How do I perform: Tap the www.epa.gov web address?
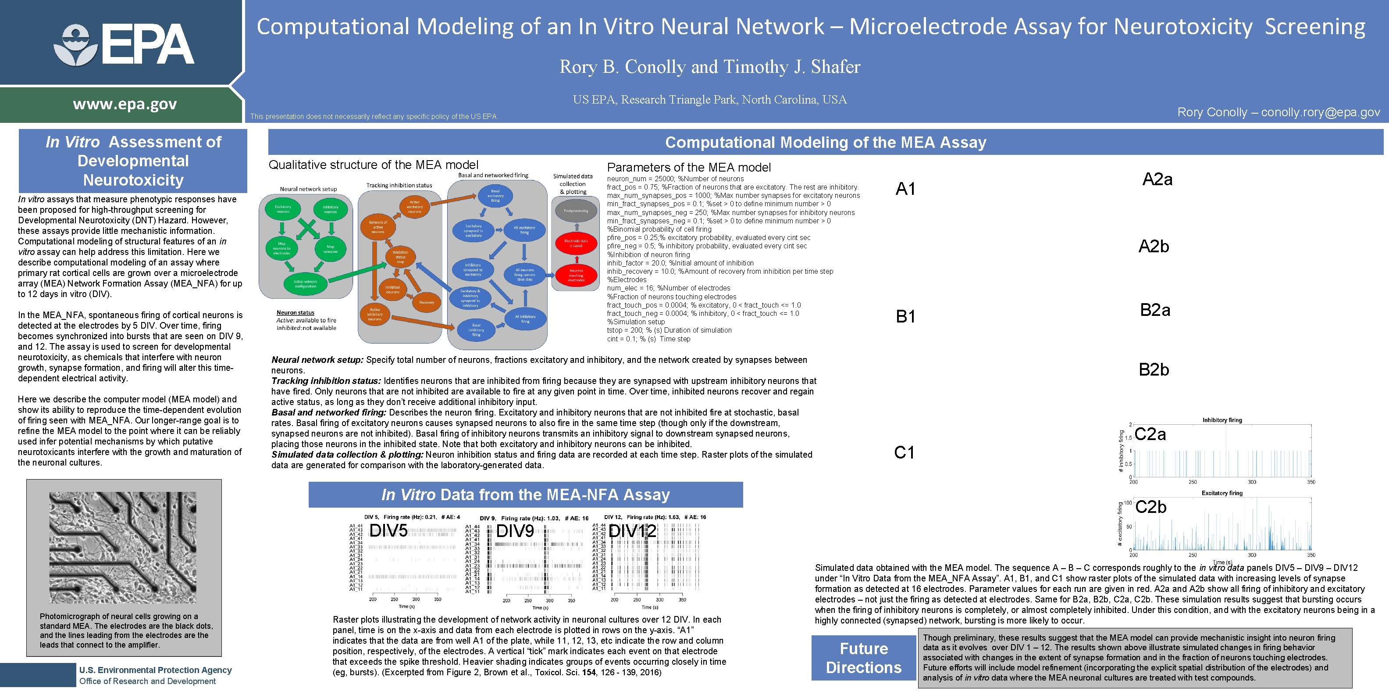125,104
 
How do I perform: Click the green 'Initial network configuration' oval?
305,284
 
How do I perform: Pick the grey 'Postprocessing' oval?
576,211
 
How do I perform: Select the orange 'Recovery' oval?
427,302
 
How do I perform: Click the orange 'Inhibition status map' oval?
400,257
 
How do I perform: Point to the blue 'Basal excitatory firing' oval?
495,195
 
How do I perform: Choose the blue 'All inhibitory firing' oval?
525,319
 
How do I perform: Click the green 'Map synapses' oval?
330,249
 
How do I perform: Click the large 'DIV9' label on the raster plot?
515,531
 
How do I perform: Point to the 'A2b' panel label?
1154,247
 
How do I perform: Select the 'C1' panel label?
904,452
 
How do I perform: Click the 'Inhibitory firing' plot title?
1222,420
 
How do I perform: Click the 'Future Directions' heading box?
864,658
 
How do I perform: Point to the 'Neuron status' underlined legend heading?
295,312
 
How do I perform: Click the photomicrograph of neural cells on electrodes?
123,547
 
